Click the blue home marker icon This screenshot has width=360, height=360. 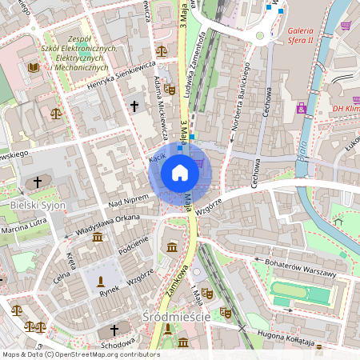180,172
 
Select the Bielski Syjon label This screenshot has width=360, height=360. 37,206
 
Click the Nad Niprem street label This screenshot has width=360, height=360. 128,201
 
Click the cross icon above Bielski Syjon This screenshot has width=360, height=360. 37,183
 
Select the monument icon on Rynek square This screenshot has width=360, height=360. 101,282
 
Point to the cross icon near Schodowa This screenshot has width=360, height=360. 114,330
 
